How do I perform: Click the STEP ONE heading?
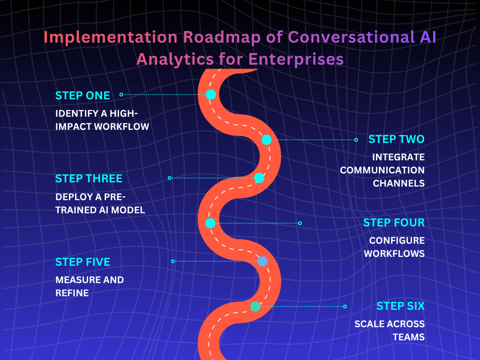coord(82,95)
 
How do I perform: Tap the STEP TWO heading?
coord(396,139)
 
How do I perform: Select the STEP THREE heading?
coord(89,179)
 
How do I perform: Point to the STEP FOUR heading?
coord(394,223)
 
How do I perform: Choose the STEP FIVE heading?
coord(82,262)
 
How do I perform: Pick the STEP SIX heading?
coord(400,306)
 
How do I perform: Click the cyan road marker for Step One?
coord(211,95)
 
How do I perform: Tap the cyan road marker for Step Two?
coord(266,140)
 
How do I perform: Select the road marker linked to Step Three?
coord(259,178)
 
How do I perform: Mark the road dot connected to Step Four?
coord(210,223)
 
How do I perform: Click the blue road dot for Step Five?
coord(262,261)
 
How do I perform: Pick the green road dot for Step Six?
coord(255,307)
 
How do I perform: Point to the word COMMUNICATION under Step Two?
coord(382,170)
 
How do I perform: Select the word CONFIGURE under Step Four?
coord(397,240)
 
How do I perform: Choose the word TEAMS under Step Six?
coord(408,337)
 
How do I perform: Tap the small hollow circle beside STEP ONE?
coord(121,95)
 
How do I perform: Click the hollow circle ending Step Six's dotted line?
coord(345,307)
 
